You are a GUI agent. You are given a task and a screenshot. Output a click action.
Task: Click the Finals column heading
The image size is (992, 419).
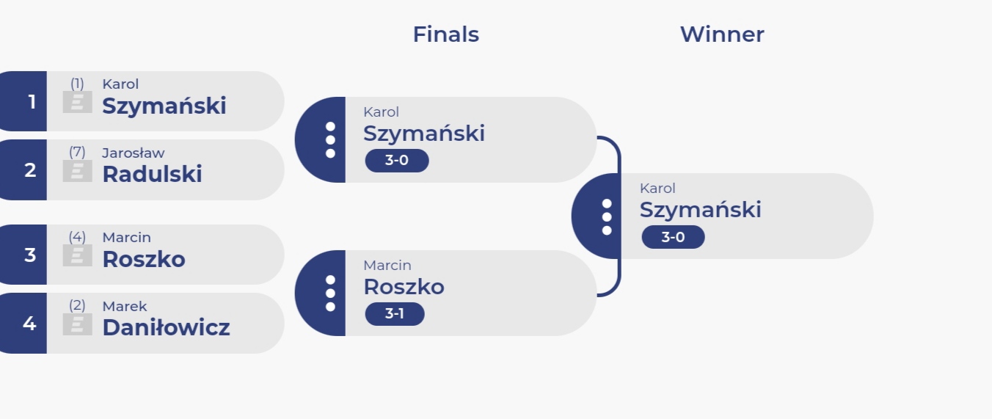click(x=445, y=34)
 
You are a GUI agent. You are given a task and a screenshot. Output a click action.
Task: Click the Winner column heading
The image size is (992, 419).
click(x=722, y=34)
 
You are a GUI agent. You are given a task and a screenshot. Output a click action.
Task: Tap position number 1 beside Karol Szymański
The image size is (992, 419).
click(x=32, y=102)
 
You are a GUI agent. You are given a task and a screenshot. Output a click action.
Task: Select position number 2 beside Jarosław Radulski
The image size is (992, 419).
click(x=30, y=170)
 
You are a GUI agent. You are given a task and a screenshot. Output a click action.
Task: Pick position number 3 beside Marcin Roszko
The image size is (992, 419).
click(x=30, y=255)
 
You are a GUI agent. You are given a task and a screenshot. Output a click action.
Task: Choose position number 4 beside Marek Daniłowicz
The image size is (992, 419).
click(x=29, y=323)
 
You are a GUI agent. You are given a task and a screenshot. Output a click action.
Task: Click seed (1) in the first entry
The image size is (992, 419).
click(x=77, y=84)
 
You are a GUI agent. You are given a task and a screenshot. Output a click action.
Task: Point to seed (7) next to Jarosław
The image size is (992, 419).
click(x=77, y=152)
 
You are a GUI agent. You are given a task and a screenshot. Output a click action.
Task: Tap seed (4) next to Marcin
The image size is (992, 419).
click(x=77, y=236)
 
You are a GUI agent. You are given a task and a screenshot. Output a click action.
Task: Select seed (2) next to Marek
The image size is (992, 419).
click(x=77, y=305)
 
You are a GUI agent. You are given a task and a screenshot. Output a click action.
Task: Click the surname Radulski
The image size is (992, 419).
click(x=152, y=174)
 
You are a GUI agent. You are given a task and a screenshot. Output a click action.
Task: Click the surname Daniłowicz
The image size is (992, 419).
click(x=166, y=327)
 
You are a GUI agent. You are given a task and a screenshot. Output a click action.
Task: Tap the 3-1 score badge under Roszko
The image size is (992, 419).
click(x=395, y=314)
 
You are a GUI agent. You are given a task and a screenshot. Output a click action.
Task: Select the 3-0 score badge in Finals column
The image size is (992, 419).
click(x=397, y=161)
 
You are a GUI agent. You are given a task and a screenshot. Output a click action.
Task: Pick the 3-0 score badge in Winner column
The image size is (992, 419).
click(x=673, y=237)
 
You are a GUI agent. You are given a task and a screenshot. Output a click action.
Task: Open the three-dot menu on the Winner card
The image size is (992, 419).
click(x=607, y=216)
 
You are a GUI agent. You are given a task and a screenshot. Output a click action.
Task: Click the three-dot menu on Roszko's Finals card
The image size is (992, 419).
click(x=330, y=294)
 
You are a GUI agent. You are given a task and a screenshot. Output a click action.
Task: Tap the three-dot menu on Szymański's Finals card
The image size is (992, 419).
click(x=330, y=140)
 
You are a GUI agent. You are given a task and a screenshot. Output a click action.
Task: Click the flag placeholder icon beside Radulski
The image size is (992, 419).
click(x=77, y=171)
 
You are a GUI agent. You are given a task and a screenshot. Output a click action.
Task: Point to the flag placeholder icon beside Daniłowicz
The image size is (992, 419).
click(x=77, y=324)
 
